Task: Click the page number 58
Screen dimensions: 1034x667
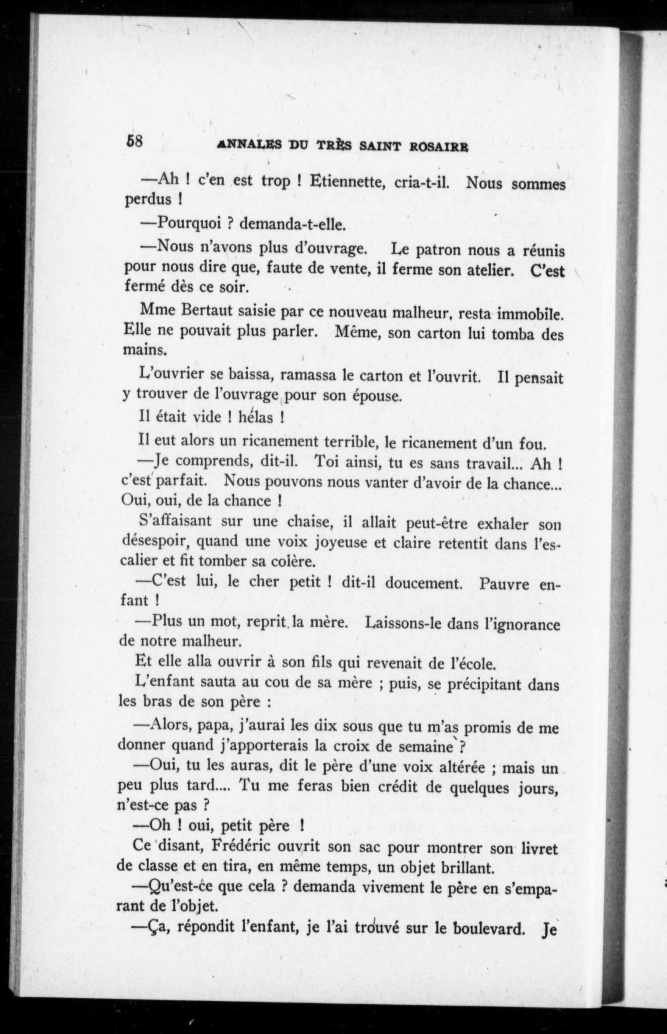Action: click(134, 141)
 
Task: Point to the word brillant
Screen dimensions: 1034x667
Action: click(467, 867)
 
